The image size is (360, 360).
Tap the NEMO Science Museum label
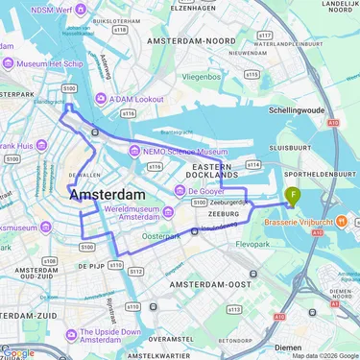click(188, 152)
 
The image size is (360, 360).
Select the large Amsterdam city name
click(110, 195)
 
